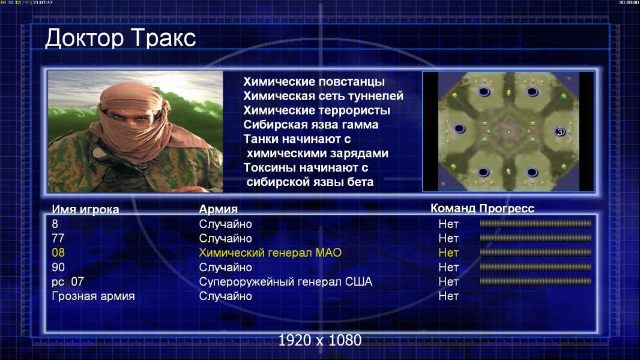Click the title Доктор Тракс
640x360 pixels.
click(121, 38)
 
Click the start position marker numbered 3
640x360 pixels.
click(560, 131)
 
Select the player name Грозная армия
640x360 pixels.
click(93, 296)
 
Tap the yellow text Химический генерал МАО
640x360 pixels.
click(270, 253)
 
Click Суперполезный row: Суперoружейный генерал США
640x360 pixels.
click(286, 282)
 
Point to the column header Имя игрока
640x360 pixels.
click(85, 209)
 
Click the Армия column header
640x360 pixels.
click(219, 209)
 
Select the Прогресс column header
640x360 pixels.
click(507, 209)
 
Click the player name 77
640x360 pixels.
click(58, 238)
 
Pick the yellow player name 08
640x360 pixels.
click(58, 253)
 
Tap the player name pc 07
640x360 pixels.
click(68, 282)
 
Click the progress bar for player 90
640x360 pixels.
click(536, 267)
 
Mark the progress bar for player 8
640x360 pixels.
click(536, 223)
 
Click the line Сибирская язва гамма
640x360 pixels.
click(311, 125)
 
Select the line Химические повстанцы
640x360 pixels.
click(314, 82)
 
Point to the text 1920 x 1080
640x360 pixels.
click(320, 340)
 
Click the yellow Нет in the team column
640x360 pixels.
click(448, 253)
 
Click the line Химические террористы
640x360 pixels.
click(317, 110)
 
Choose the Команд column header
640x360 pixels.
click(453, 209)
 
